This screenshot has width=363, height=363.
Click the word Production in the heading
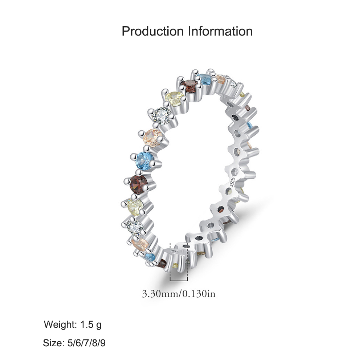click(x=152, y=31)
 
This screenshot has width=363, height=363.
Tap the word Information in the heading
click(x=220, y=31)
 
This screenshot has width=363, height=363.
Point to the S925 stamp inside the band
click(x=233, y=182)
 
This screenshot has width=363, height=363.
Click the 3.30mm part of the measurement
click(x=160, y=294)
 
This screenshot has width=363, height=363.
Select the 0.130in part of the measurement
click(x=199, y=294)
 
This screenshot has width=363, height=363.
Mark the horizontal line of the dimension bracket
click(x=179, y=281)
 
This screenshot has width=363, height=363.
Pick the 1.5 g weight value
click(x=91, y=325)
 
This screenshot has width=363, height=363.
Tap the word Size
click(x=54, y=343)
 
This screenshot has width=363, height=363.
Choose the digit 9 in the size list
click(x=103, y=343)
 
